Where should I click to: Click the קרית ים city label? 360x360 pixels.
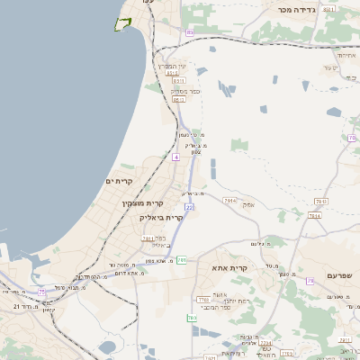coord(119,182)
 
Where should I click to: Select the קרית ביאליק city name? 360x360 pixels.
coord(161,217)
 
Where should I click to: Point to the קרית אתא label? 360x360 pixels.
coord(229,268)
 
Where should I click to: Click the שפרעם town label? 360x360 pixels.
coord(339,275)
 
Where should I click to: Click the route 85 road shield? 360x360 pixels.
coord(189,32)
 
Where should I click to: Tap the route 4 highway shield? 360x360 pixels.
coord(176,157)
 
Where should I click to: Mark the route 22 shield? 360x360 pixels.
coord(190,207)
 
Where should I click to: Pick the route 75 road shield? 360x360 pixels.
coord(41,292)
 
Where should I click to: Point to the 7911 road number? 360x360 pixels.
coord(229,201)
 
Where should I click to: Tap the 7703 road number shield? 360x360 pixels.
coord(203,299)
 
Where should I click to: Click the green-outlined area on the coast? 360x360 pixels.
coord(122,23)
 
